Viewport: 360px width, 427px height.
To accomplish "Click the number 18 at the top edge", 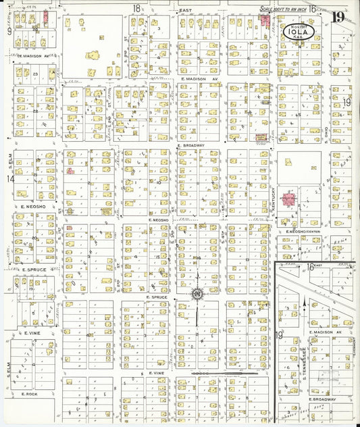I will pyautogui.click(x=137, y=9).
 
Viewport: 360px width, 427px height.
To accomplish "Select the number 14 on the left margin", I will pyautogui.click(x=9, y=179).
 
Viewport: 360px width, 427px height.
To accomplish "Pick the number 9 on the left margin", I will pyautogui.click(x=9, y=31).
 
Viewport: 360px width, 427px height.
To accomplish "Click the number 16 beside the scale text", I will pyautogui.click(x=313, y=9).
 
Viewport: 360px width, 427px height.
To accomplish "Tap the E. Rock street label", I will pyautogui.click(x=32, y=393).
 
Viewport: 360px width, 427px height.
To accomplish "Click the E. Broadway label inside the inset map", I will pyautogui.click(x=322, y=399).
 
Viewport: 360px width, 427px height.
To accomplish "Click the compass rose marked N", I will pyautogui.click(x=197, y=294).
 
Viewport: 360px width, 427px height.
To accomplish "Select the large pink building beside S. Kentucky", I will pyautogui.click(x=289, y=200).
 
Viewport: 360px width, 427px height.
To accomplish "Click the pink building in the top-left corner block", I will pyautogui.click(x=45, y=16).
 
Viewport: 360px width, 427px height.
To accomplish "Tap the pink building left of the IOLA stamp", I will pyautogui.click(x=263, y=21).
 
